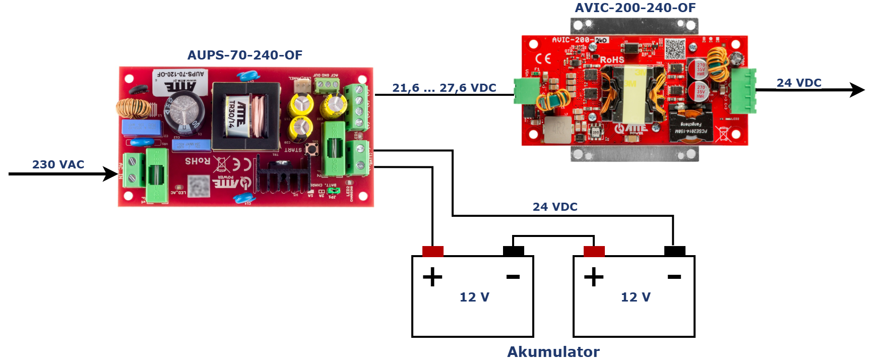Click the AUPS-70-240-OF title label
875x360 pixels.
tap(244, 55)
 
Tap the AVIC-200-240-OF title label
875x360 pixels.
tap(635, 8)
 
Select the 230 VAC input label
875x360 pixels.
tap(58, 164)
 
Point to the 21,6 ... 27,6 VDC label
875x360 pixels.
tap(444, 88)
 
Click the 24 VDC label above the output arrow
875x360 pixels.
tap(799, 83)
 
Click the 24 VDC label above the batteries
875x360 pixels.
tap(555, 207)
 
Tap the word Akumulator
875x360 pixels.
tap(553, 351)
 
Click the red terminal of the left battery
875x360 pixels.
tap(432, 251)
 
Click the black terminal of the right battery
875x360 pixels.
tap(674, 251)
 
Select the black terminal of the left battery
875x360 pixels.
tap(513, 251)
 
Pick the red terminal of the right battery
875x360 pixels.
tap(594, 251)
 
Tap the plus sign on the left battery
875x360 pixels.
tap(432, 277)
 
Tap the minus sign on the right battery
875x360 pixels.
tap(674, 277)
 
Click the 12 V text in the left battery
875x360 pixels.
tap(474, 297)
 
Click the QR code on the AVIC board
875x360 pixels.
tap(675, 48)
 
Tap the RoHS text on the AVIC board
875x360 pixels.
tap(612, 60)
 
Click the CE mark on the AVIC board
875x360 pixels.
tap(543, 58)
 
